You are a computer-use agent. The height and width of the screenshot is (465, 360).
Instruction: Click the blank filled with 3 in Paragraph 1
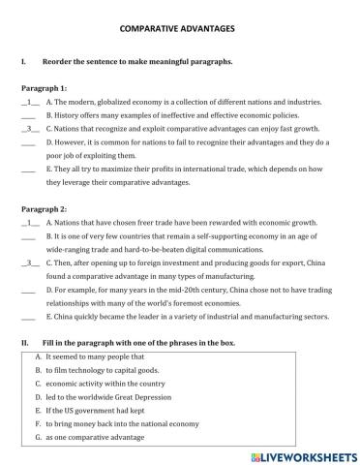[29, 128]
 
